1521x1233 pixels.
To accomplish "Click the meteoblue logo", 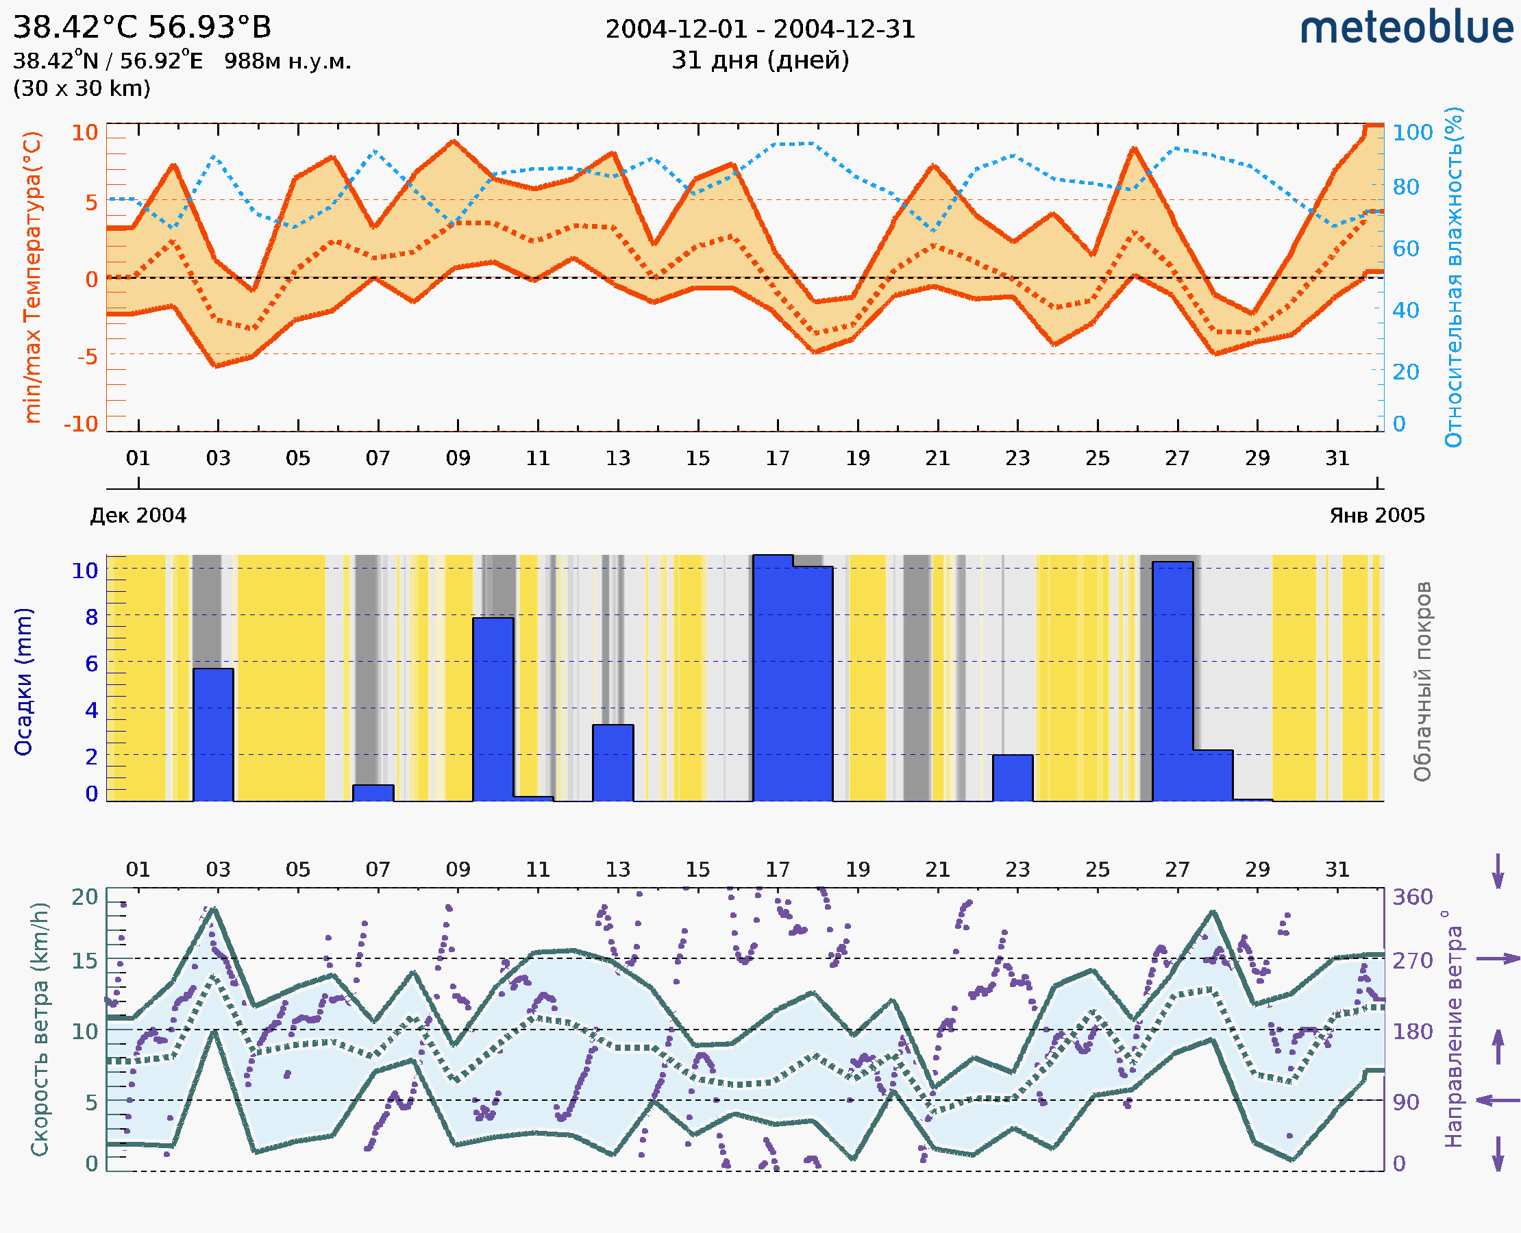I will click(x=1406, y=28).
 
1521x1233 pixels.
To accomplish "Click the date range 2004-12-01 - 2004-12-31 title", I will click(x=760, y=29).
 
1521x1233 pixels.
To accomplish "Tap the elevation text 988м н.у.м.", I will click(x=287, y=62).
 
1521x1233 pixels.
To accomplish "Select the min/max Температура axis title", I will click(x=32, y=277).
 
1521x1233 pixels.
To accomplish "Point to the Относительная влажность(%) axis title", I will click(x=1453, y=277).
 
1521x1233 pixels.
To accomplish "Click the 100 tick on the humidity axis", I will click(x=1412, y=132).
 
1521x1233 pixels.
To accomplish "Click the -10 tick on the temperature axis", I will click(x=81, y=424).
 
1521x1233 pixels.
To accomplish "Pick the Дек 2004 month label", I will click(x=138, y=515).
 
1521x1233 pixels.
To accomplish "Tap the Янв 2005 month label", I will click(x=1377, y=515).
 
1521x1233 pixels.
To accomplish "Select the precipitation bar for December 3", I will click(x=213, y=734).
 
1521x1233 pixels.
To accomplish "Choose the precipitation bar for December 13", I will click(x=613, y=763).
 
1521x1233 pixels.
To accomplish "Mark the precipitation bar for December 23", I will click(x=1013, y=777).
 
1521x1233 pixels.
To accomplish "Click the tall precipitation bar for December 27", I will click(x=1172, y=682).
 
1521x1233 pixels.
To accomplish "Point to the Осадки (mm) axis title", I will click(x=23, y=682).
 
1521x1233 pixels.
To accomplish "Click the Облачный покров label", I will click(x=1422, y=682).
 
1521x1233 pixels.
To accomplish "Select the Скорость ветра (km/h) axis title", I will click(x=40, y=1030).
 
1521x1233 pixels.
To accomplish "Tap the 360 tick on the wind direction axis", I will click(x=1412, y=897).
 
